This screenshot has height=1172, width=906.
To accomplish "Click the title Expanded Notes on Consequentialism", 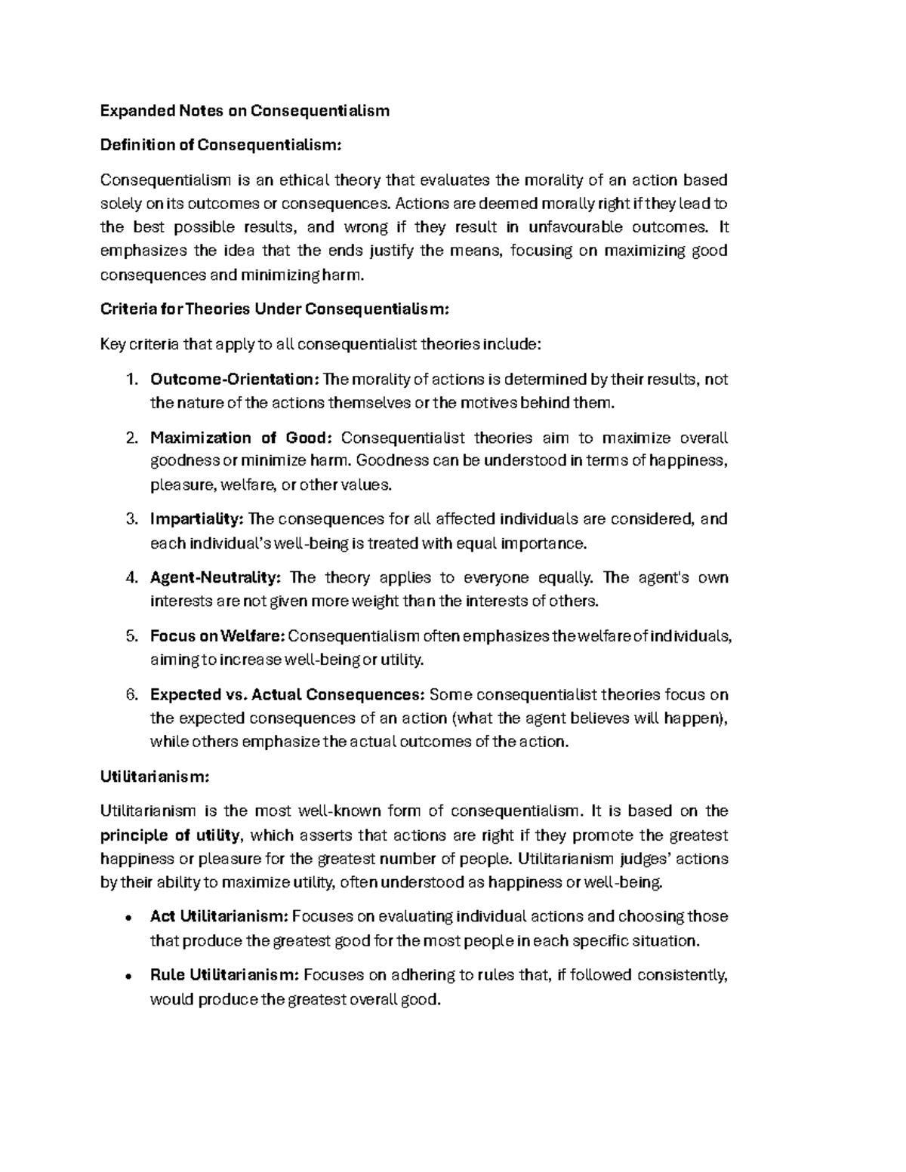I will point(245,111).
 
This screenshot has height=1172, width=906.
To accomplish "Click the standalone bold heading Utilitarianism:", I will point(155,776).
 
